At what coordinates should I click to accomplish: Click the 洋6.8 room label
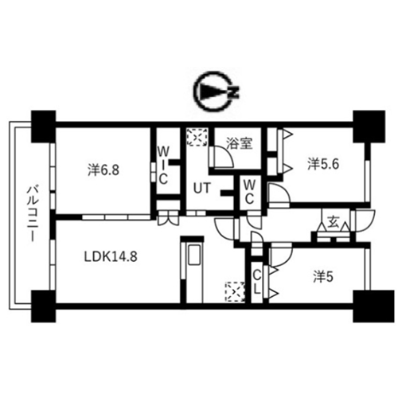point(103,170)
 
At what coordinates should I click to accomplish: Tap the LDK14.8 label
point(111,257)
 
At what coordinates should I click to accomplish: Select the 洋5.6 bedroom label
point(323,165)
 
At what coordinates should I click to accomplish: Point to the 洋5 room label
point(323,278)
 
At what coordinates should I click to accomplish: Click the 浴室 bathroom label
point(240,143)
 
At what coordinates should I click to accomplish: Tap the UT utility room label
point(202,188)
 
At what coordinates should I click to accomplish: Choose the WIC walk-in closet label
point(163,166)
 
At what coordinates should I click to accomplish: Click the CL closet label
point(256,282)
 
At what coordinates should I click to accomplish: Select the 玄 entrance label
point(334,222)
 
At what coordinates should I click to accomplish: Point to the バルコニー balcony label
point(33,214)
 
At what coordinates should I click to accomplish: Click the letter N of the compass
point(233,92)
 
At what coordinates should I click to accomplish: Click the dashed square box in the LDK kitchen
point(235,292)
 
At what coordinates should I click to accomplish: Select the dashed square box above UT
point(197,137)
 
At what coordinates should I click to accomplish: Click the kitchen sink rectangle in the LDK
point(194,255)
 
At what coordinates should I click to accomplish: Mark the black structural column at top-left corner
point(44,127)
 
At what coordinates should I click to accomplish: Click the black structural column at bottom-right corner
point(369,306)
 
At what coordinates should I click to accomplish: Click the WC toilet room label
point(249,192)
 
